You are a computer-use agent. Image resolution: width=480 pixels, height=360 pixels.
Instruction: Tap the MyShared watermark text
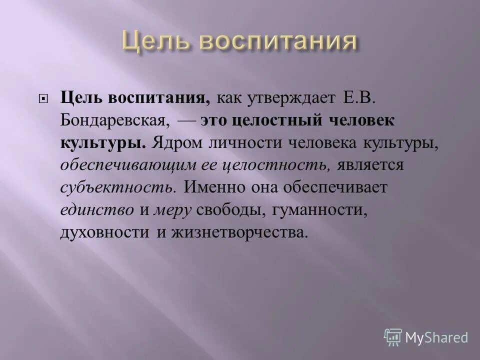point(436,337)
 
